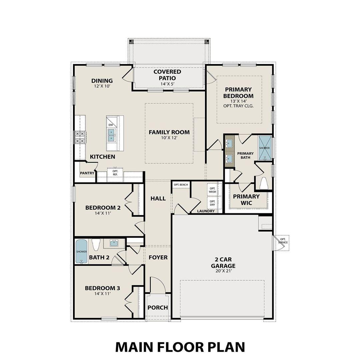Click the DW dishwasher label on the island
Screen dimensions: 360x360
pos(111,125)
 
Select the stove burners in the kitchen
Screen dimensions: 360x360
pos(80,137)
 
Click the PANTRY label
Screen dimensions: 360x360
pos(87,173)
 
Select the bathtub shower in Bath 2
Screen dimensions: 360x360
pos(81,252)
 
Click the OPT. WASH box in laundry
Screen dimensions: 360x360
pos(212,190)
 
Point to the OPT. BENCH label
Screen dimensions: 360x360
pos(181,185)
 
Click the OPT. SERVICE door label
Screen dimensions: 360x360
pos(283,241)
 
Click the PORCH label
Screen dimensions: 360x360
pos(158,307)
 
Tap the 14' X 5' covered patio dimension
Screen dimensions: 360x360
pos(167,84)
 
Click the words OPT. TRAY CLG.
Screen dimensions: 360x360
pos(239,106)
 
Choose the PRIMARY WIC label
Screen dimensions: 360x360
pos(246,200)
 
